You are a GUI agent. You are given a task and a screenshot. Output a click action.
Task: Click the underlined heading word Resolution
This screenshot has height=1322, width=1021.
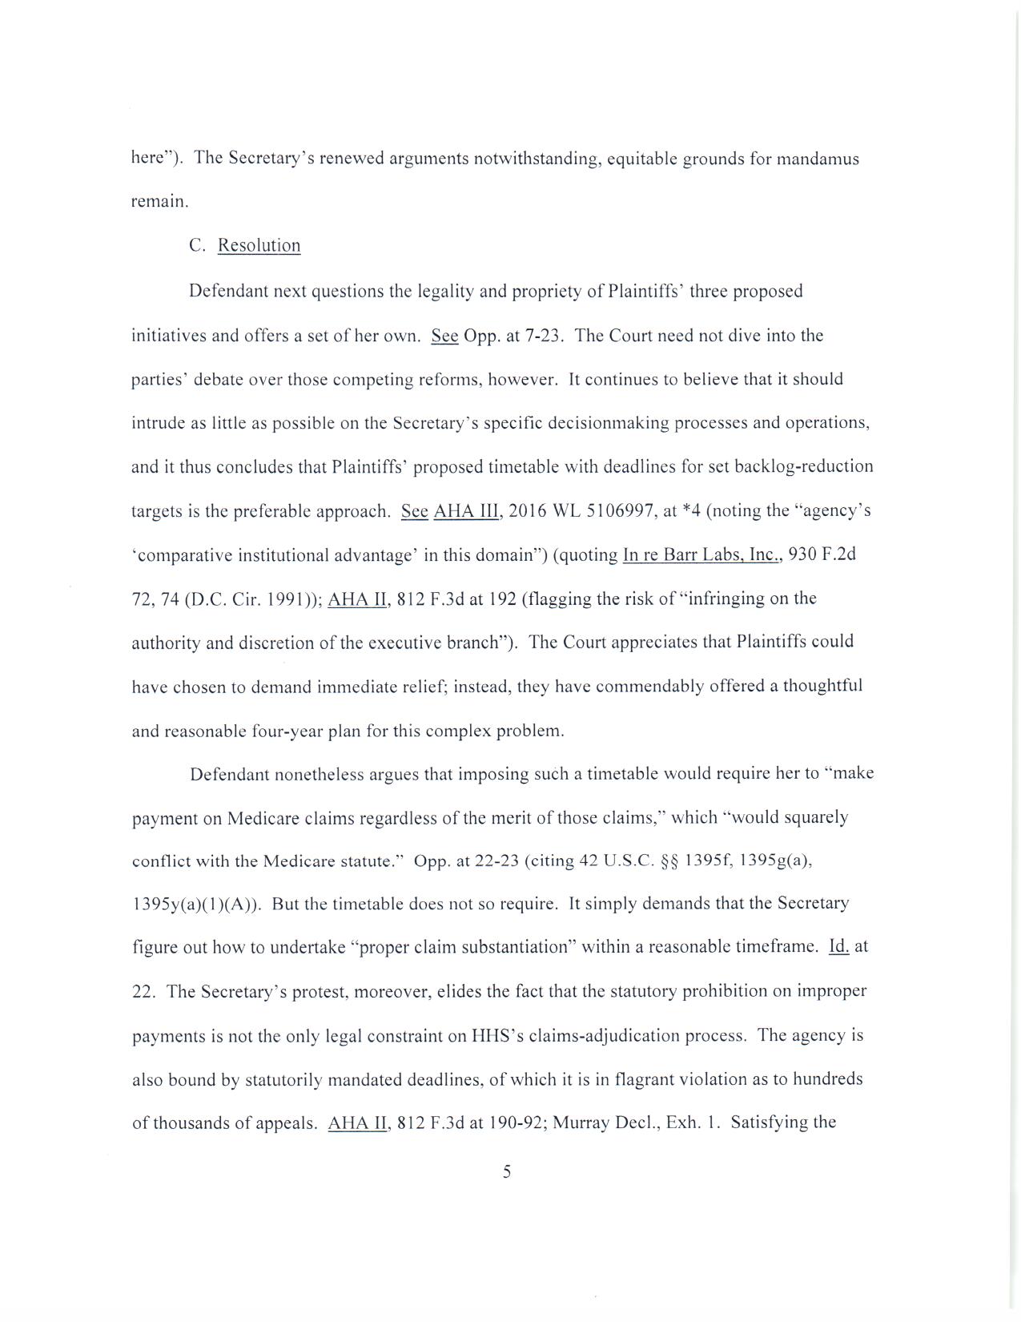(259, 246)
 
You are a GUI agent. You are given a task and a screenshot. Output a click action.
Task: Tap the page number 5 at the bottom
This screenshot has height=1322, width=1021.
(507, 1172)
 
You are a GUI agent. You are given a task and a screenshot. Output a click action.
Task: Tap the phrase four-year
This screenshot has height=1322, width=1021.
(287, 731)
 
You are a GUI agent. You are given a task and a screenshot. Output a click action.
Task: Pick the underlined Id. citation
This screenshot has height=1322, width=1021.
(838, 947)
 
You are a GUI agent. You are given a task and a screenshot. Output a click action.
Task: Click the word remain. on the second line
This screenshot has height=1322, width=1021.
(160, 202)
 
